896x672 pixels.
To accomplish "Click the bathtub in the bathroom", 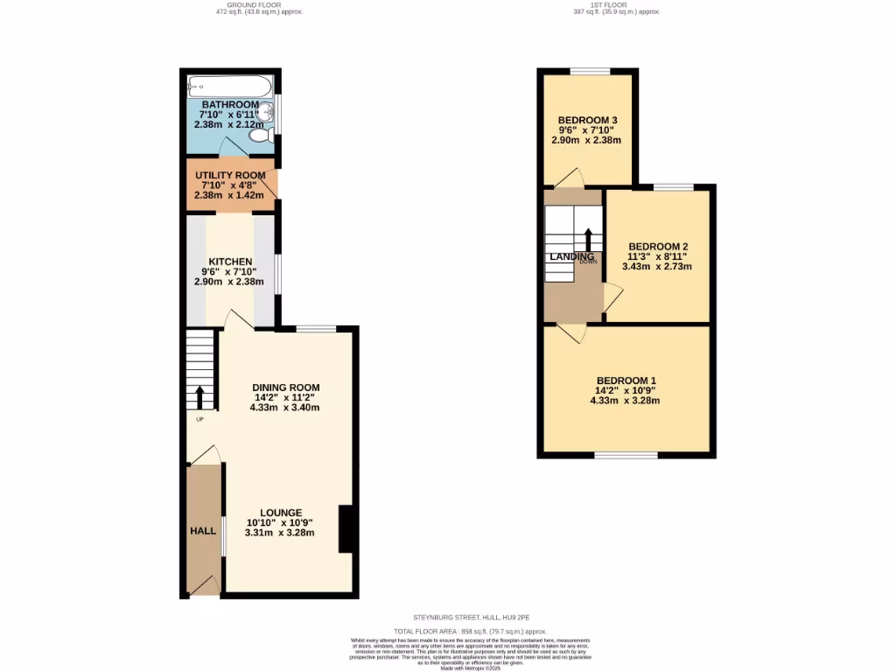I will point(230,86).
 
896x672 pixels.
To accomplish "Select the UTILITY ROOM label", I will point(230,175).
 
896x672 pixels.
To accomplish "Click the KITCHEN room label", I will point(230,262).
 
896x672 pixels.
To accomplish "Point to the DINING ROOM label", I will point(286,388).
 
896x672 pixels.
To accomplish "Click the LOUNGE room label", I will point(280,513).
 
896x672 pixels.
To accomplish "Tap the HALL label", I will point(203,531).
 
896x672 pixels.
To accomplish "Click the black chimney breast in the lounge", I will point(347,528).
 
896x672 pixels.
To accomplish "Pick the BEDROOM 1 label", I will point(624,380).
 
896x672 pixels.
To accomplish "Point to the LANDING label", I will point(571,256).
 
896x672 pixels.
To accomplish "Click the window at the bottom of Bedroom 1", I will point(626,455).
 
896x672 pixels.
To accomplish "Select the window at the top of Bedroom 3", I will point(591,72).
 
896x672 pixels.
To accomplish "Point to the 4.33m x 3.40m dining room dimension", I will point(284,407).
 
